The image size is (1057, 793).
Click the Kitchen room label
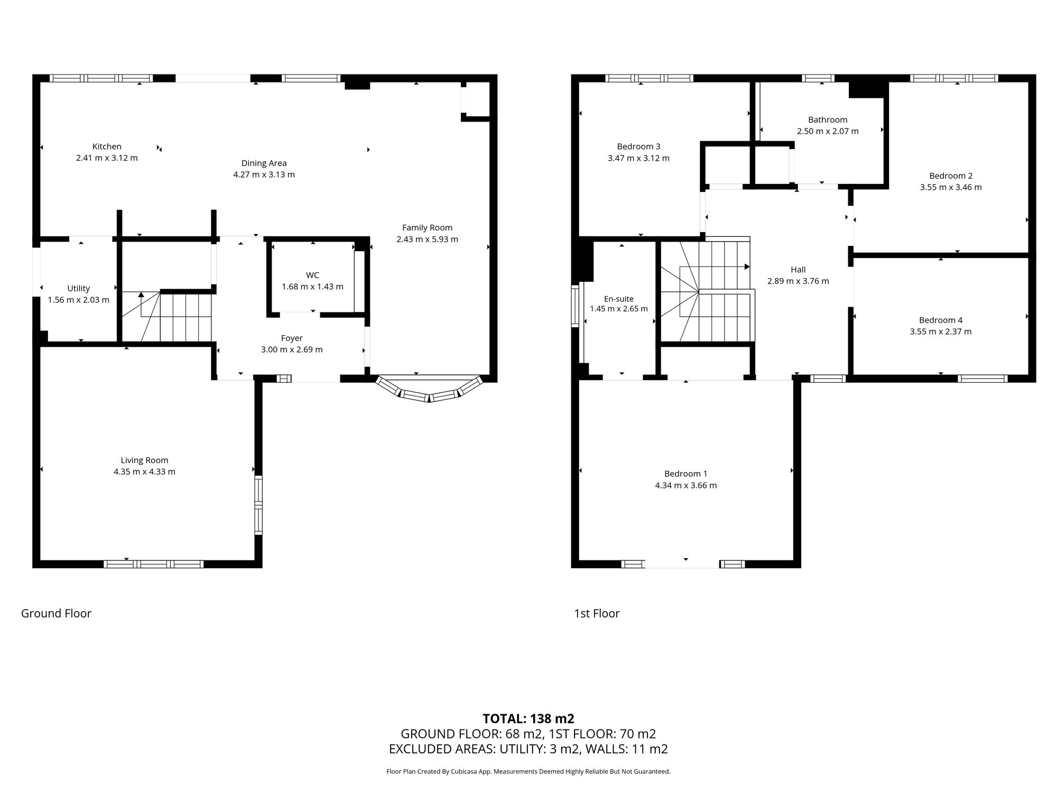pos(107,146)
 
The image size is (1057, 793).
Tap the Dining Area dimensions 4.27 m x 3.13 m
pos(264,174)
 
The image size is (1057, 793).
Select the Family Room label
pos(427,228)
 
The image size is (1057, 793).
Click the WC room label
pos(312,275)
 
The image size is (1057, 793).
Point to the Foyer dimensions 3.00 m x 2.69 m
pos(292,349)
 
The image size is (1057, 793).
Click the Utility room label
pos(78,288)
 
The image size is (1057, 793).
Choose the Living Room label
pos(144,460)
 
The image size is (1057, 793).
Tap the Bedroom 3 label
pos(638,146)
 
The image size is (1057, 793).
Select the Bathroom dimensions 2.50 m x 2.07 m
pos(828,131)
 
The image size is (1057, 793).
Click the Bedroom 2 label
pos(951,176)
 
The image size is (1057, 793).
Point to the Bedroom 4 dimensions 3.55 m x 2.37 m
pos(941,331)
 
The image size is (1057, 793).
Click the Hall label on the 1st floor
pos(798,270)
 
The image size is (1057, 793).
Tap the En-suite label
pos(618,299)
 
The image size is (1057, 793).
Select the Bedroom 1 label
pos(685,474)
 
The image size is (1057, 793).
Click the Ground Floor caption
pos(56,613)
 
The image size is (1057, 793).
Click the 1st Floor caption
pos(597,613)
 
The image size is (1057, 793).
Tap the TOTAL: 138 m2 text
pos(528,718)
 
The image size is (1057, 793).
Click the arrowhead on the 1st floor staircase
pos(747,266)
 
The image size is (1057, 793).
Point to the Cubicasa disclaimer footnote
pos(528,772)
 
